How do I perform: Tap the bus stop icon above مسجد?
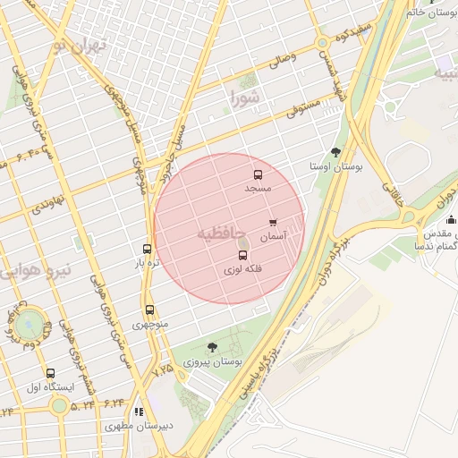point(259,175)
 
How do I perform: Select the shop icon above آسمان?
point(273,223)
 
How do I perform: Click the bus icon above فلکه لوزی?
point(242,256)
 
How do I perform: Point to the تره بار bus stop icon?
point(148,249)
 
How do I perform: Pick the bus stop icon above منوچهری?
point(149,310)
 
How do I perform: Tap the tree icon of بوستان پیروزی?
point(211,347)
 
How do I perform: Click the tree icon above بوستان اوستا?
point(335,152)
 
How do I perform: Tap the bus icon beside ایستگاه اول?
point(50,373)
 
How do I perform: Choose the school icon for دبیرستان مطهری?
point(138,411)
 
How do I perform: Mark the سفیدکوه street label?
point(352,35)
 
